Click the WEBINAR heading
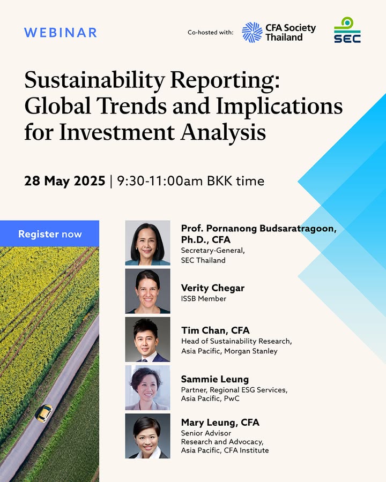pos(61,33)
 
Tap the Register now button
pos(49,234)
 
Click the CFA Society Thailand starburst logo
pos(252,32)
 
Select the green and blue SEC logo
pos(347,30)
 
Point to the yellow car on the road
pos(44,413)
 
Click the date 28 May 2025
pos(65,181)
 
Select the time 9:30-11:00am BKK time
pos(190,181)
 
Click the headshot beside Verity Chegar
pos(147,291)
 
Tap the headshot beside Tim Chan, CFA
pos(147,340)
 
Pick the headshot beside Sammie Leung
pos(147,388)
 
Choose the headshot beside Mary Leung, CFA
pos(147,436)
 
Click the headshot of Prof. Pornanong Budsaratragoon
pos(147,243)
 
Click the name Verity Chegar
pos(213,288)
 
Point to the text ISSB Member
pos(204,298)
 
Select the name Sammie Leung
pos(215,379)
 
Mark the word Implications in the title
pos(279,106)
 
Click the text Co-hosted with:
pos(211,32)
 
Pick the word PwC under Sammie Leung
pos(232,398)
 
